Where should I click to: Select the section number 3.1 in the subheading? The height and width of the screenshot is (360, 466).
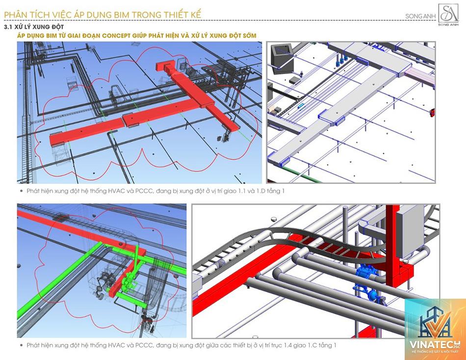point(8,27)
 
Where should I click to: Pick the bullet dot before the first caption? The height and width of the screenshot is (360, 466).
point(21,191)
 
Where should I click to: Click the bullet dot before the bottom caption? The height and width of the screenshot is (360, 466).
point(21,345)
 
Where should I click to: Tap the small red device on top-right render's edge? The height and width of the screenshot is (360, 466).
point(433,111)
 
